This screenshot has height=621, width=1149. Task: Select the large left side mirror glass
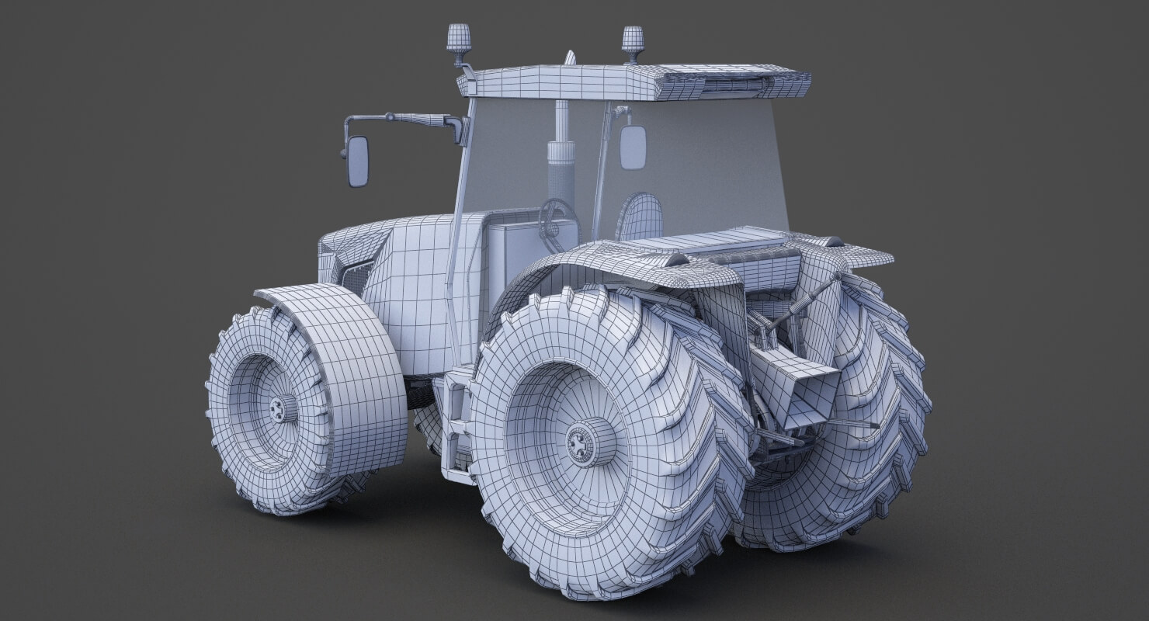click(358, 161)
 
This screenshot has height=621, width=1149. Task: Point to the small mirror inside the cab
click(633, 145)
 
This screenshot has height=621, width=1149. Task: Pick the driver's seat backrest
click(642, 215)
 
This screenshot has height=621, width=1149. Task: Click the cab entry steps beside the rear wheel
click(456, 435)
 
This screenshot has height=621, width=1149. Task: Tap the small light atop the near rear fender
click(674, 258)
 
